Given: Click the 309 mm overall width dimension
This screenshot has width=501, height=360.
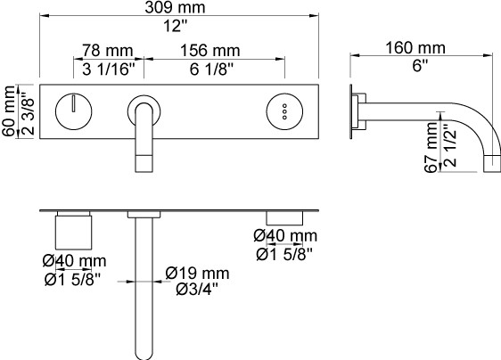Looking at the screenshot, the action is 175,7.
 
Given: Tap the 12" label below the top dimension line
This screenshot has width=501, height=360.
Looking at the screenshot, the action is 175,26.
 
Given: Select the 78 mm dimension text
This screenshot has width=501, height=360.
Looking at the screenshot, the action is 108,51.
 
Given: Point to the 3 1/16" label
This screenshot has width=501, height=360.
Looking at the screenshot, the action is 109,69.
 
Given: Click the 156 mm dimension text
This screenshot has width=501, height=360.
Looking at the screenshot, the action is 209,51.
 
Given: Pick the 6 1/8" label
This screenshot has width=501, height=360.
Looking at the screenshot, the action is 211,69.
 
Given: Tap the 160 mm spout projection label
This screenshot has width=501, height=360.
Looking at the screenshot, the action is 415,48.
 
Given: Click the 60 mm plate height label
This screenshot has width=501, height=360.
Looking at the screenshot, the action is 9,110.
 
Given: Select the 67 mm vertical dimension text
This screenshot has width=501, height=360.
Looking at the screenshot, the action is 431,148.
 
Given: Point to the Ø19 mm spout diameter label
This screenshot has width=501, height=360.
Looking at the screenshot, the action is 198,274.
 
